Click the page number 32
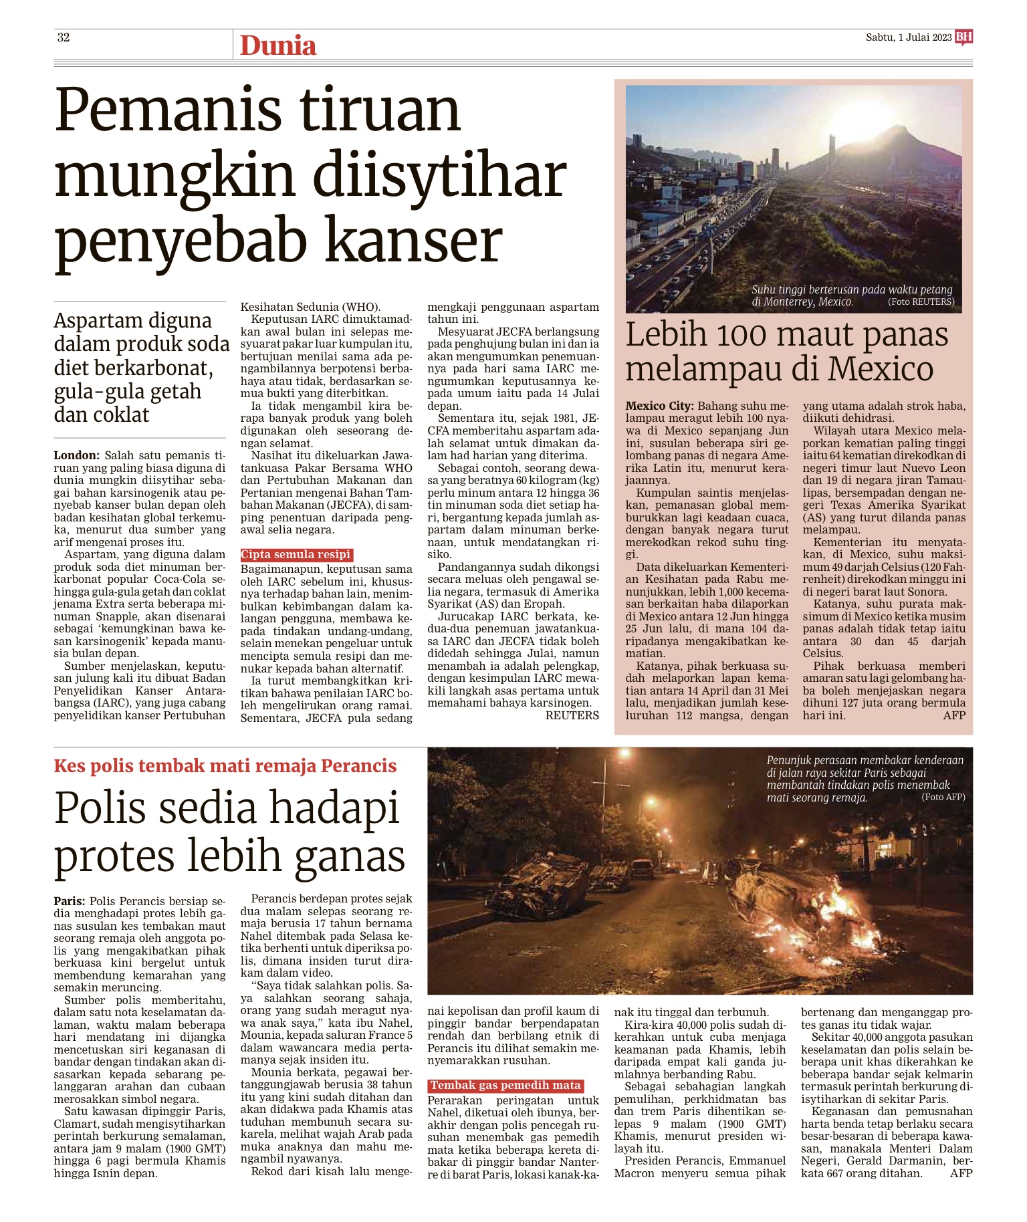point(64,37)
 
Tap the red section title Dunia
point(277,45)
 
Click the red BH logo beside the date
point(963,37)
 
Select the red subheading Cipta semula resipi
point(296,555)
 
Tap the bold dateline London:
point(77,455)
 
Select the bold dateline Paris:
point(70,901)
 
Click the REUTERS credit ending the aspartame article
point(572,715)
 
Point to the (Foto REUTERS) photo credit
point(921,302)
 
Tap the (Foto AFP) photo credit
point(943,797)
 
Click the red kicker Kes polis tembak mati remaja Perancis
point(225,766)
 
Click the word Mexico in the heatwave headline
point(886,370)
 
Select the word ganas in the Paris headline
point(350,856)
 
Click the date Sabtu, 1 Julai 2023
point(909,37)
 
